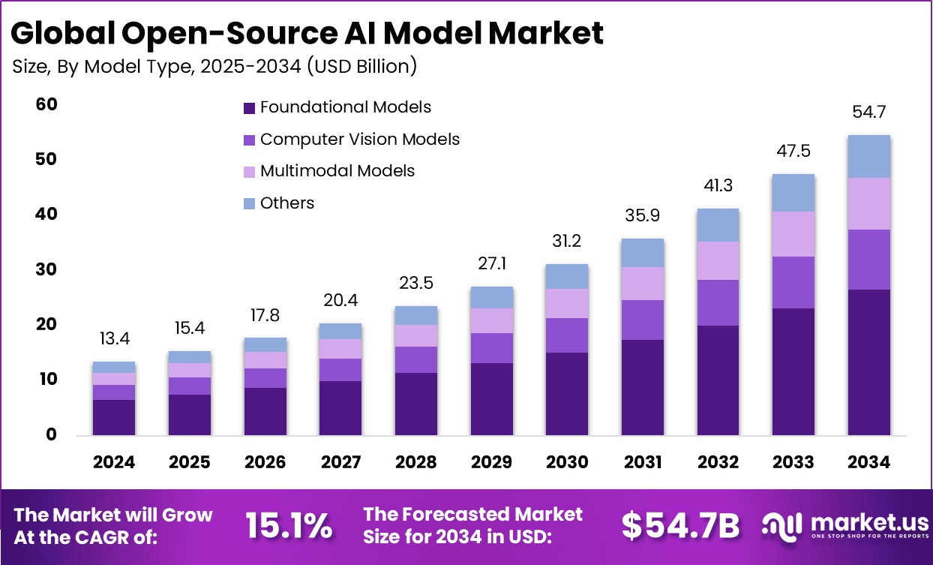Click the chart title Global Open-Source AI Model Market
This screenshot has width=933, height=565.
pyautogui.click(x=307, y=34)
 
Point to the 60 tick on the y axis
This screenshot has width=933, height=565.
pyautogui.click(x=46, y=104)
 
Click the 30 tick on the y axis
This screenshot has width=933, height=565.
pyautogui.click(x=46, y=269)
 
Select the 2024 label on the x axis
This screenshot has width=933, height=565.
pyautogui.click(x=114, y=462)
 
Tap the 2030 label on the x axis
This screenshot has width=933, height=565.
pyautogui.click(x=567, y=462)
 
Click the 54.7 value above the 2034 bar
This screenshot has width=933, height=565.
pyautogui.click(x=869, y=113)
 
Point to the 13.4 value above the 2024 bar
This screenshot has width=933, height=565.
pyautogui.click(x=114, y=339)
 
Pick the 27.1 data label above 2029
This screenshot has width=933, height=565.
pyautogui.click(x=491, y=264)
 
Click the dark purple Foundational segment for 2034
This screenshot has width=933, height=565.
pyautogui.click(x=869, y=362)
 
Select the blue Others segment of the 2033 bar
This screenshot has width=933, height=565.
pyautogui.click(x=793, y=193)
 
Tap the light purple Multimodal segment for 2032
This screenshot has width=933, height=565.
pyautogui.click(x=718, y=260)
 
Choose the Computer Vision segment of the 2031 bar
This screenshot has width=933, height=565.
pyautogui.click(x=643, y=320)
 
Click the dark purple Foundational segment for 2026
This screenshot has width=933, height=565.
pyautogui.click(x=265, y=411)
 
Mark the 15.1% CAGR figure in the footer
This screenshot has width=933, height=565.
pyautogui.click(x=289, y=527)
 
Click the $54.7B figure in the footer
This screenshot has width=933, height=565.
pyautogui.click(x=680, y=527)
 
